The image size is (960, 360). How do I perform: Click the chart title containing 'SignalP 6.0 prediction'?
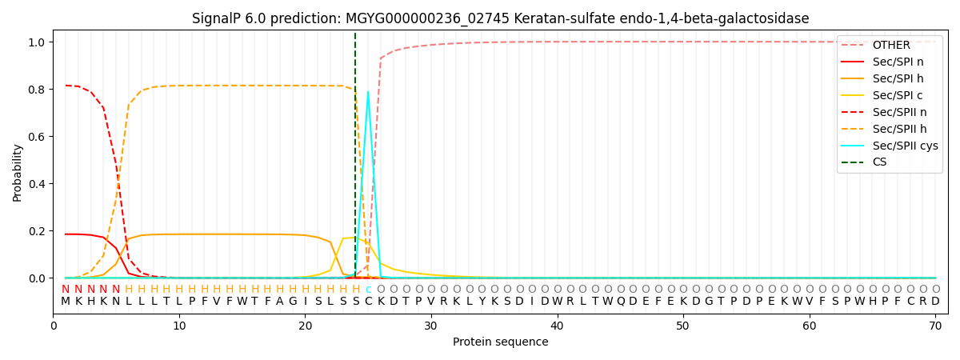pos(500,18)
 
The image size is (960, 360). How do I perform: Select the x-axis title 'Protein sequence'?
pos(500,342)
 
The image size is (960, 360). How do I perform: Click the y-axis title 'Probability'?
pos(18,172)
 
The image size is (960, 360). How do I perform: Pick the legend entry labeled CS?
pos(879,162)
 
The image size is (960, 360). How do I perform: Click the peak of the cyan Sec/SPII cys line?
pos(368,91)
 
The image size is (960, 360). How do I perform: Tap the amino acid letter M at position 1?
pos(66,302)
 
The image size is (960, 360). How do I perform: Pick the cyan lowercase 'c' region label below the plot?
pos(368,290)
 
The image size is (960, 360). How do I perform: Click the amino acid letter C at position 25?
pos(368,302)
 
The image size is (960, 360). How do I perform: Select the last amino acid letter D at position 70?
pos(935,302)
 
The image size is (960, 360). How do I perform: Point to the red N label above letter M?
pos(66,290)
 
